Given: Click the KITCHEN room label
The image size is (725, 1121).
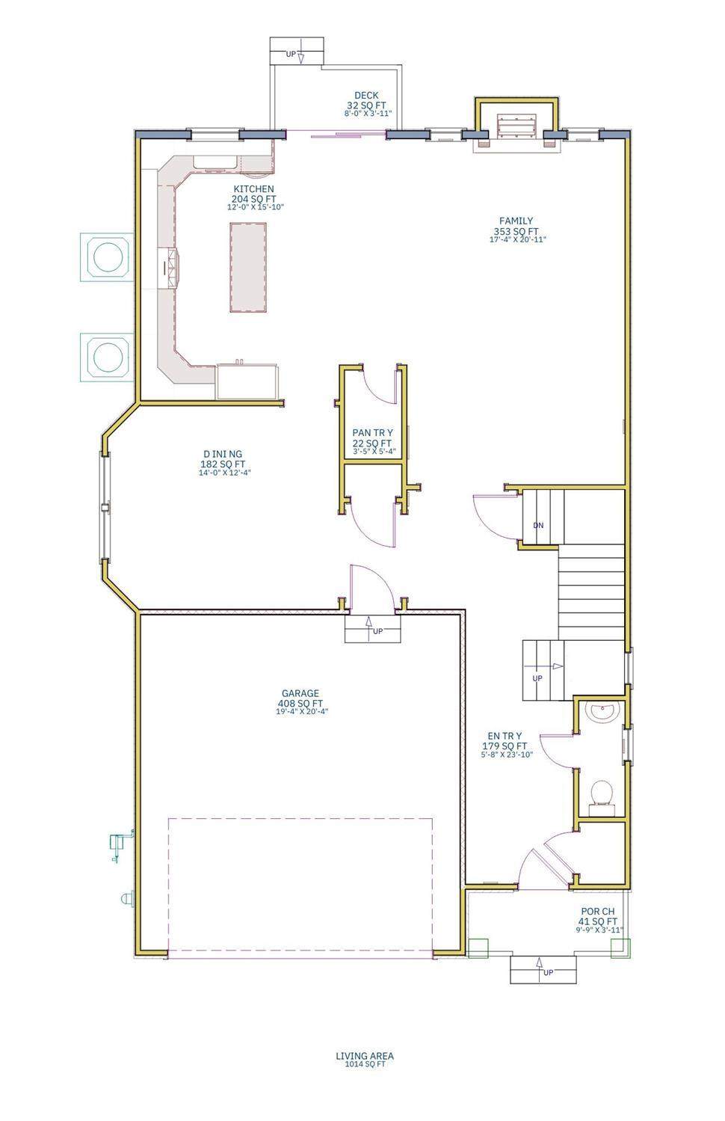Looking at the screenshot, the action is [253, 189].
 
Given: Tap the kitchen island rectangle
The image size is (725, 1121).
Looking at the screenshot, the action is [248, 267].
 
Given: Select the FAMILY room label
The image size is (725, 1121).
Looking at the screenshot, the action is [516, 221].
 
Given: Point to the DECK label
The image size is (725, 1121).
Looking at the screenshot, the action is [366, 95].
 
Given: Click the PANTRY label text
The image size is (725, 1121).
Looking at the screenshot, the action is [373, 432].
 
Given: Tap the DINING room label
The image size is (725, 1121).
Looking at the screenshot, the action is [223, 454].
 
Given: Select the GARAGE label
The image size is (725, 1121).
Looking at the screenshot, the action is [300, 693].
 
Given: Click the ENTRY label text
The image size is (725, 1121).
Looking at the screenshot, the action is [505, 736].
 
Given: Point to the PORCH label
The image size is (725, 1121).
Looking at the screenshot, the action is [598, 912].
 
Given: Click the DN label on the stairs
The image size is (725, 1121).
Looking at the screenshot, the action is [538, 526].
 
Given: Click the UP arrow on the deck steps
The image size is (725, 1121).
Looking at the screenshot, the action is [300, 56].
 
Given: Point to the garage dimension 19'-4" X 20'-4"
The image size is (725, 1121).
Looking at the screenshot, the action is [302, 711].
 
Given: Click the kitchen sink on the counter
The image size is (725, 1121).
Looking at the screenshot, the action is [215, 162].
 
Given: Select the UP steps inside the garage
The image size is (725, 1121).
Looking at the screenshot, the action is [373, 629].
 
